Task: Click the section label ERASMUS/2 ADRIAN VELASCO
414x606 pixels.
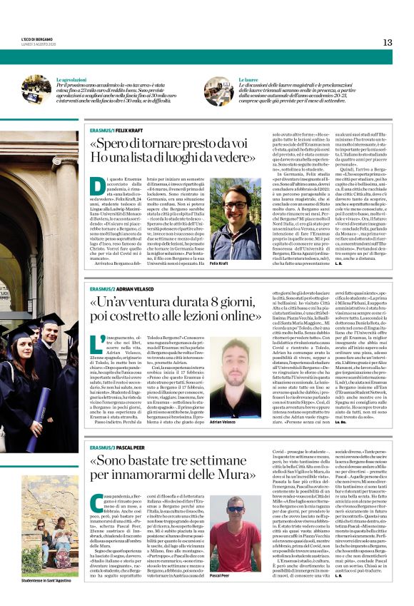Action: [121, 288]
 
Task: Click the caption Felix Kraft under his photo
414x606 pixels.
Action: [219, 263]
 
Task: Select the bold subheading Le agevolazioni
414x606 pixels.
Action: [72, 80]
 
